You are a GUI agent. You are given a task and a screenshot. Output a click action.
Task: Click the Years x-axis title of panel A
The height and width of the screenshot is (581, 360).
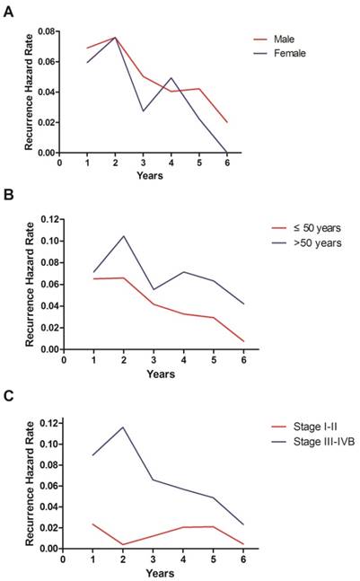(x=149, y=175)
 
